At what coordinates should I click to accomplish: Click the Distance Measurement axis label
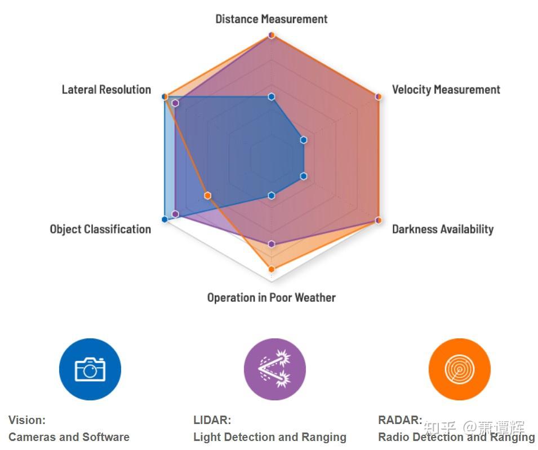coord(271,19)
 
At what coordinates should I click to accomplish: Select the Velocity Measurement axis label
coord(446,90)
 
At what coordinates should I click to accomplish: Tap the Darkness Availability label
coord(443,229)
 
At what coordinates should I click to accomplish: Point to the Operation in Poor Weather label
coord(271,298)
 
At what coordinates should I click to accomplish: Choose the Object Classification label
coord(100,229)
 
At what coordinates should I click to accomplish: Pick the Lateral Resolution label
coord(106,90)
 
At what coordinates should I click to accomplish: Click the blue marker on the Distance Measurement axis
coord(272,97)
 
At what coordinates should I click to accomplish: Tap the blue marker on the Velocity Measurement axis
coord(303,140)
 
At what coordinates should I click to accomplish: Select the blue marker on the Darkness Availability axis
coord(303,176)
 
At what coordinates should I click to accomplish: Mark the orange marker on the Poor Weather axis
coord(272,269)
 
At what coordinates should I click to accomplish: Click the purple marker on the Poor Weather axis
coord(272,244)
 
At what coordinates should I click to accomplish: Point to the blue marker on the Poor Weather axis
coord(272,196)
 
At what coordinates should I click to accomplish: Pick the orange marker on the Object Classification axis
coord(207,196)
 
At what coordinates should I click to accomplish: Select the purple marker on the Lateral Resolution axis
coord(175,103)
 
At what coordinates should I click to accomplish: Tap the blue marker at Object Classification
coord(164,219)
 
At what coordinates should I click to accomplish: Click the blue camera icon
coord(90,369)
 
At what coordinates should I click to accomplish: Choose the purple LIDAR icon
coord(275,369)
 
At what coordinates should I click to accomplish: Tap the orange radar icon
coord(460,369)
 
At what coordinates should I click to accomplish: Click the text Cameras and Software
coord(69,437)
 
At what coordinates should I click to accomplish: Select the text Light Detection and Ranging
coord(270,437)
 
